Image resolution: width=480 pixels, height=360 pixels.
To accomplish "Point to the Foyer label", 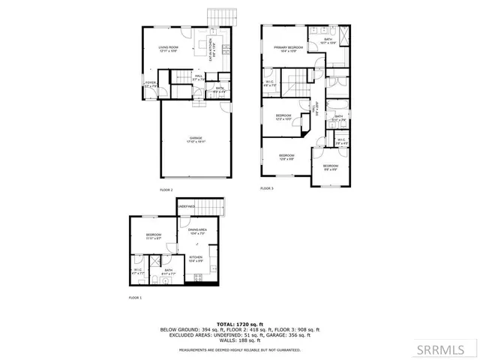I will tap(150, 84).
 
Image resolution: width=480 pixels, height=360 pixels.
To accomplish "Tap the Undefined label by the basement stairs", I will tap(187, 206).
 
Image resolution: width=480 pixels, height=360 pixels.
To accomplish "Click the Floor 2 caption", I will tap(166, 190).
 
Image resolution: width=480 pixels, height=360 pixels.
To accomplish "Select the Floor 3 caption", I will tap(266, 188).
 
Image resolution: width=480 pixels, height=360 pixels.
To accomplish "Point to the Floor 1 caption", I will tap(136, 298).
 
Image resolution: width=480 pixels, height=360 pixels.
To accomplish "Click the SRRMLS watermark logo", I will tap(446, 349).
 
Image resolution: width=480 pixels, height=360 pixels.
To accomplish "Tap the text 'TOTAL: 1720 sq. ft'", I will tap(240, 323).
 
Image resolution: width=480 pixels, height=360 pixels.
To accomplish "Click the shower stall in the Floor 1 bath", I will tap(154, 262).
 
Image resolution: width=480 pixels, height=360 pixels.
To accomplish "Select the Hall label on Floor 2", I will tap(199, 77).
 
